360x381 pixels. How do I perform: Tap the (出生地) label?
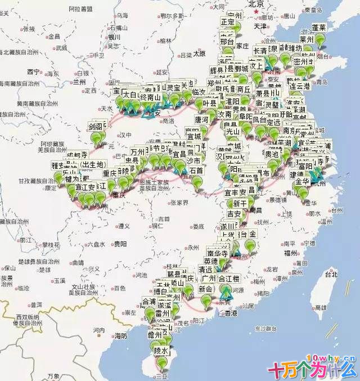point(93,165)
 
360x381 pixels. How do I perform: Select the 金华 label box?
point(302,182)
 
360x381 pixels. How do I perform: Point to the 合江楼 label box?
point(228,279)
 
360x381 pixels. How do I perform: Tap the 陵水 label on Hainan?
point(161,350)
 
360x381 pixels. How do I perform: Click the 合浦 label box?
point(148,301)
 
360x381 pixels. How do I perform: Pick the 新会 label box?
point(205,289)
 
